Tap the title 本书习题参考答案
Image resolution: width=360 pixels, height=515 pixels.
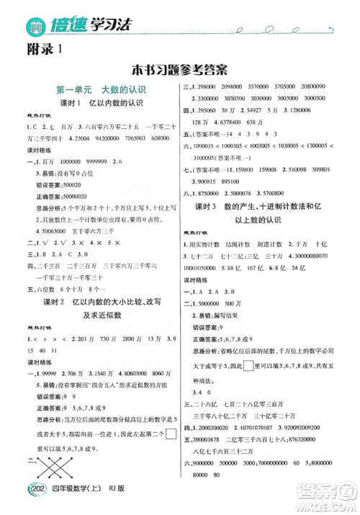(180, 70)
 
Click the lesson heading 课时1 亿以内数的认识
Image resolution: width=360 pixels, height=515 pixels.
(96, 104)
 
